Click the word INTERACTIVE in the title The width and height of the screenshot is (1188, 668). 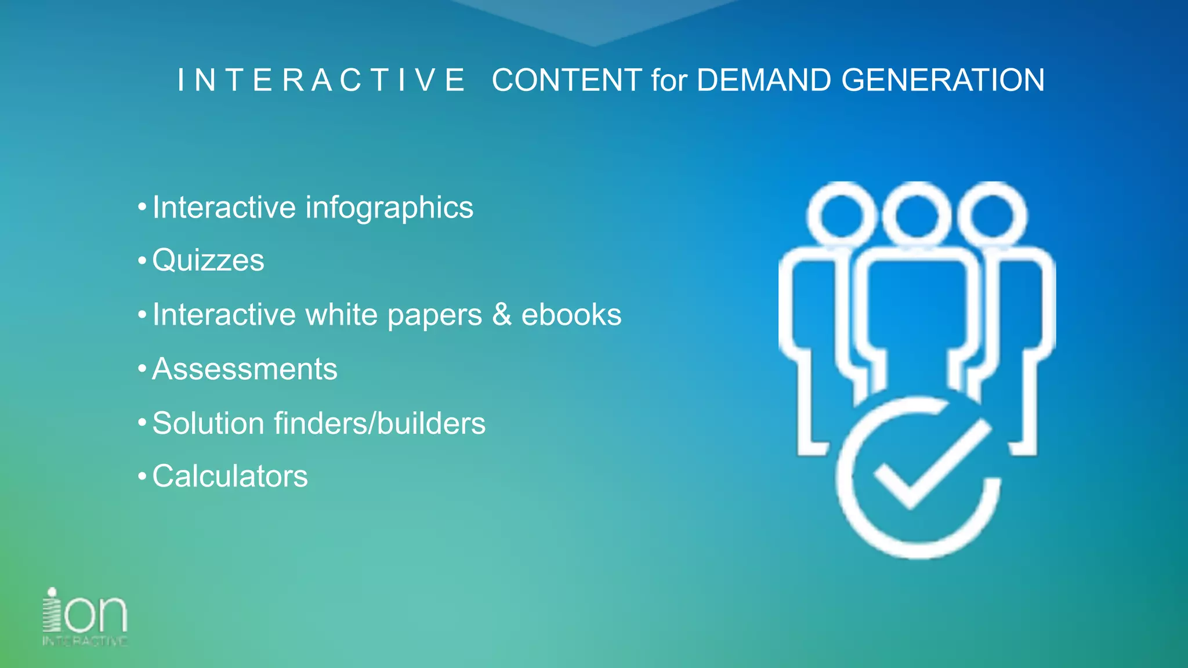pos(321,80)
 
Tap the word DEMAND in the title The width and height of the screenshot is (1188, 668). pos(763,80)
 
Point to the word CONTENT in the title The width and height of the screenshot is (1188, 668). pos(567,80)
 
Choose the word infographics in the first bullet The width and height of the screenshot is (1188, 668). pos(389,208)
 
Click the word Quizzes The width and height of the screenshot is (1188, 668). pos(208,260)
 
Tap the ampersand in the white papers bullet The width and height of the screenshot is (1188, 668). pos(502,314)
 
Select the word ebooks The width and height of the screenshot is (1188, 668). pos(571,314)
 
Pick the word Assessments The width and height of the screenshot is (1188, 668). pos(245,369)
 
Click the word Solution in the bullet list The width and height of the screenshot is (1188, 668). pos(208,423)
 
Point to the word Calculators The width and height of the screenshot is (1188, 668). pos(230,476)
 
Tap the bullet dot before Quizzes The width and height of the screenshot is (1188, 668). pos(142,260)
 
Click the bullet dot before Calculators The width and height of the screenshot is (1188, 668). pos(142,477)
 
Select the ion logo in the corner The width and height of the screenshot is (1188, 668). pos(85,616)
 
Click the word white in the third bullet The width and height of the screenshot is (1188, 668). pos(342,314)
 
